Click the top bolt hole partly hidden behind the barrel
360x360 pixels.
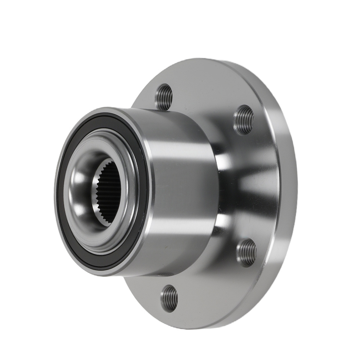(x=164, y=96)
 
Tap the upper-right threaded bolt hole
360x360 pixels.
(x=244, y=120)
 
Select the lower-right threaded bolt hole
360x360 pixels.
(x=246, y=253)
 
